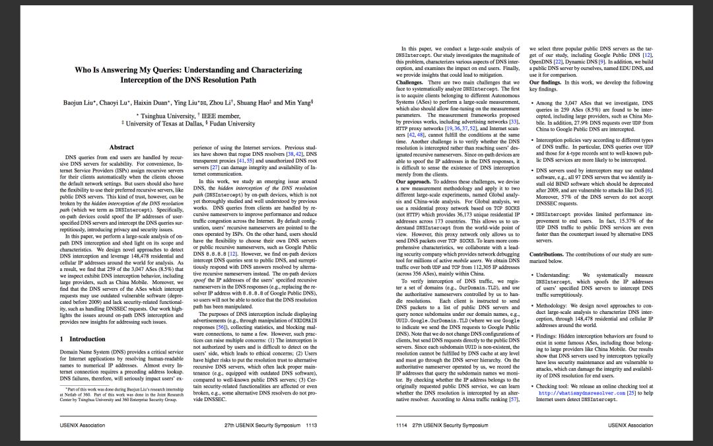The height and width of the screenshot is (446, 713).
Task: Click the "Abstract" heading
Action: [x=121, y=147]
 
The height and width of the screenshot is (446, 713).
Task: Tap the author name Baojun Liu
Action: [x=79, y=104]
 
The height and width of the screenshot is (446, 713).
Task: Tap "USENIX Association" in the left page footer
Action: [x=83, y=425]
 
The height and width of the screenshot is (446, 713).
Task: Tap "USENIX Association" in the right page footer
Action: [x=630, y=425]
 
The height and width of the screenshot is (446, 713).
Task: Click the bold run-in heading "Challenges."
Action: [x=409, y=82]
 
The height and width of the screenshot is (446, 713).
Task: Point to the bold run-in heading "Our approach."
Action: [x=412, y=180]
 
